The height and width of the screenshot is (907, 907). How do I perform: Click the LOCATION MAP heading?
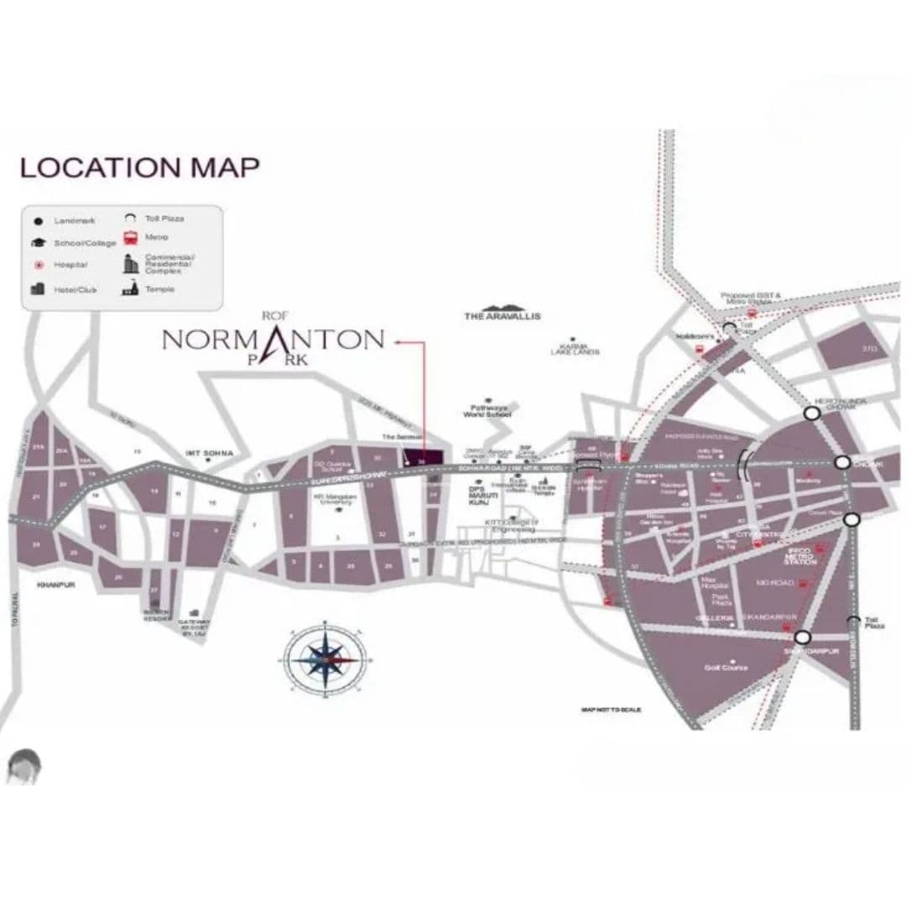click(x=139, y=167)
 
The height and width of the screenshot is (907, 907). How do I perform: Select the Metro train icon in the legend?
click(x=130, y=239)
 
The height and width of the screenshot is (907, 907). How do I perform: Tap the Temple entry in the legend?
click(x=160, y=289)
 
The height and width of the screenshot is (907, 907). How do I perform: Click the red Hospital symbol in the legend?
click(x=38, y=265)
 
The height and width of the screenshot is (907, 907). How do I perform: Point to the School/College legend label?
click(x=86, y=242)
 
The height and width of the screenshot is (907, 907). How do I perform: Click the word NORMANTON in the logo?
click(x=272, y=339)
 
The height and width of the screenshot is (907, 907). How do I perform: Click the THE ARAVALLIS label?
click(x=502, y=317)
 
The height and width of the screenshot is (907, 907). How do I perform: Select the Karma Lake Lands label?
click(x=574, y=350)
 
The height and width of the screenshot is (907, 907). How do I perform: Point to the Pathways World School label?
click(x=490, y=412)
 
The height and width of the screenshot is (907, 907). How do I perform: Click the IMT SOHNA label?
click(x=210, y=453)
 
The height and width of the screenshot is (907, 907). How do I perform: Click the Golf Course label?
click(x=726, y=668)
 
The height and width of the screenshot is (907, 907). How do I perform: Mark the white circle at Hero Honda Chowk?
click(x=811, y=413)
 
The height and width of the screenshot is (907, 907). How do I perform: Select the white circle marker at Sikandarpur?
click(x=803, y=637)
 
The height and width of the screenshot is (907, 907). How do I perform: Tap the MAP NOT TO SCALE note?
click(x=611, y=710)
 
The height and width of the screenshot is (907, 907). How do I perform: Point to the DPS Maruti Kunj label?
click(x=478, y=495)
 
